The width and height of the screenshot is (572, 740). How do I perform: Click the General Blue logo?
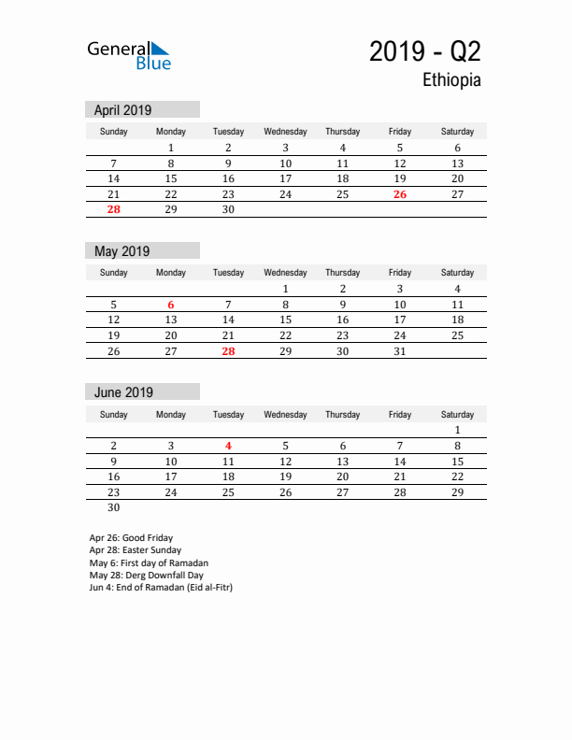(129, 55)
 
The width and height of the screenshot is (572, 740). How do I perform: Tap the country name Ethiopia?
(451, 80)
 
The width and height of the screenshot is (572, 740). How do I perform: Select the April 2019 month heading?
(122, 109)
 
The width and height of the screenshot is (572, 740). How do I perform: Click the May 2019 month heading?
(122, 251)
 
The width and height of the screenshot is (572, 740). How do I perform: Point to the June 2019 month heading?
(123, 392)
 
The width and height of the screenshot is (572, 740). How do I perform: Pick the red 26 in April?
(400, 194)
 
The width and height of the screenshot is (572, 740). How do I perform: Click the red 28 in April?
(113, 210)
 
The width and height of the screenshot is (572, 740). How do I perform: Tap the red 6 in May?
(171, 305)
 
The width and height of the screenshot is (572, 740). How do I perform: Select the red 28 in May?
(228, 352)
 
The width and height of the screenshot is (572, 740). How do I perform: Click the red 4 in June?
(228, 446)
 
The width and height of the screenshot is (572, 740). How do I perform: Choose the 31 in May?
(400, 352)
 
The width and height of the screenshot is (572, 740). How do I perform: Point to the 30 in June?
(113, 508)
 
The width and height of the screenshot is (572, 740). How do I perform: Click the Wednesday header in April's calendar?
(285, 132)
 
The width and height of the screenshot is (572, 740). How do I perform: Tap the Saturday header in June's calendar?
(457, 415)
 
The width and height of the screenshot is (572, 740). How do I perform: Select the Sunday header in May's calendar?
(113, 273)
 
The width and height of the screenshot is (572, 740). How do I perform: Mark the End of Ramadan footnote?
(160, 588)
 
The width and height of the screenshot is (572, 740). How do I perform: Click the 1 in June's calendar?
(457, 431)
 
